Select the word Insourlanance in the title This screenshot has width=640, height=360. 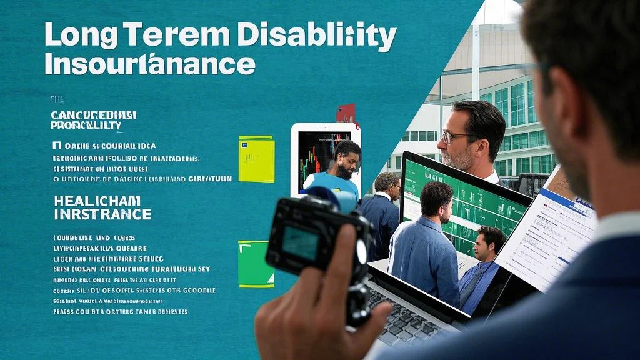click(150, 64)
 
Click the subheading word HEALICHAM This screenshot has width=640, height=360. click(97, 201)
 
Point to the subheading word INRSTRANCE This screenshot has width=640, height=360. click(102, 214)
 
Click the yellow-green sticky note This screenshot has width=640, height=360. click(256, 159)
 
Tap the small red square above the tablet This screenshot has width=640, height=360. click(346, 113)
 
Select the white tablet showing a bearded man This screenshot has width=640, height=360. click(326, 159)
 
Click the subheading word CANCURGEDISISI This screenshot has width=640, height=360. click(93, 115)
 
